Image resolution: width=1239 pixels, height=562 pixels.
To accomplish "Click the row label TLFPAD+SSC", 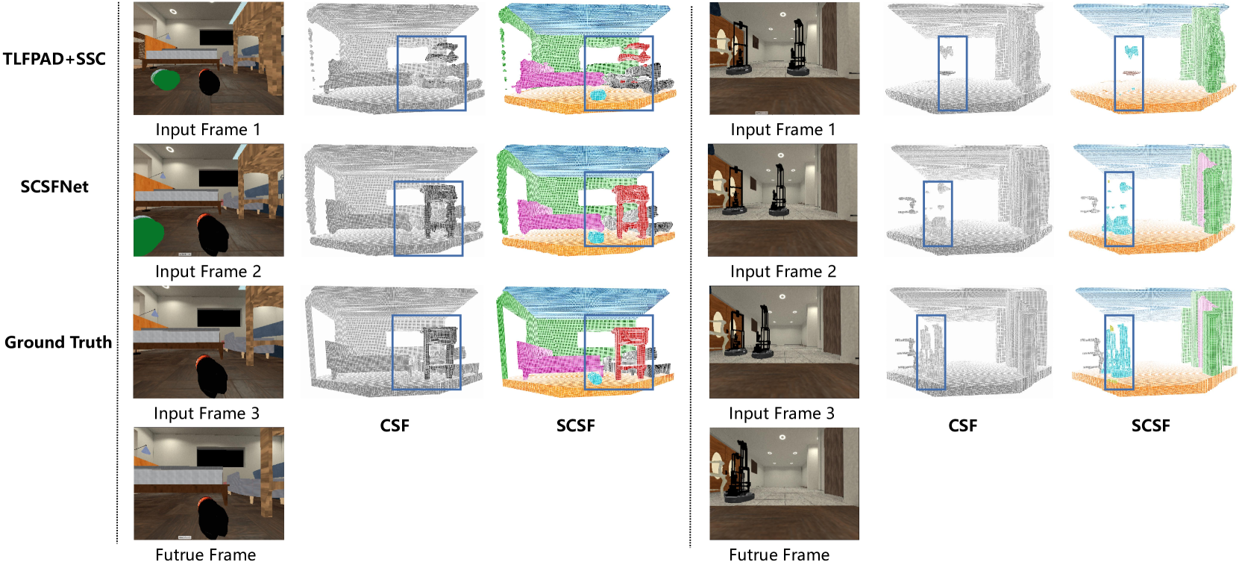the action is (x=54, y=59).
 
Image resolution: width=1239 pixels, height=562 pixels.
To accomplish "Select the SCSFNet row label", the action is (x=54, y=187).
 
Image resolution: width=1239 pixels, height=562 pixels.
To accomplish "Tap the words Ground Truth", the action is (x=58, y=342).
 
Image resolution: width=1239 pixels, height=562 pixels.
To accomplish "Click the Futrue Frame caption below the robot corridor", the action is (x=779, y=555).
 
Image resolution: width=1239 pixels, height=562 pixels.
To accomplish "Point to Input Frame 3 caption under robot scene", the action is (x=782, y=413).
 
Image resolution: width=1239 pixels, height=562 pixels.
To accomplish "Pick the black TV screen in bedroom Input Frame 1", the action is (x=219, y=37).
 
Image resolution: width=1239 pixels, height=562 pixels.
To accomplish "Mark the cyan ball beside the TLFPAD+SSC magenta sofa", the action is (x=597, y=95).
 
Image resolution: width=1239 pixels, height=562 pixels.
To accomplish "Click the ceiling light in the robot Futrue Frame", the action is (x=782, y=437).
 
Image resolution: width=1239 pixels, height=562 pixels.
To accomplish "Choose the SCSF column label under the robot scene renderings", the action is (x=1150, y=425).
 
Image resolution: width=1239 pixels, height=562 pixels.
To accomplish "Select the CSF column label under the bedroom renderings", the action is (x=395, y=425).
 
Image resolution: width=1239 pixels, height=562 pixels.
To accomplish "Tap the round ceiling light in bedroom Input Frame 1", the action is (x=173, y=11).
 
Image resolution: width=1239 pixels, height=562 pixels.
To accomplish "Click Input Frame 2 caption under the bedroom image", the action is (x=208, y=272).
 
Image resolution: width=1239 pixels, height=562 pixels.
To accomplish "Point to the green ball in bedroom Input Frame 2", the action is (x=148, y=235).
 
